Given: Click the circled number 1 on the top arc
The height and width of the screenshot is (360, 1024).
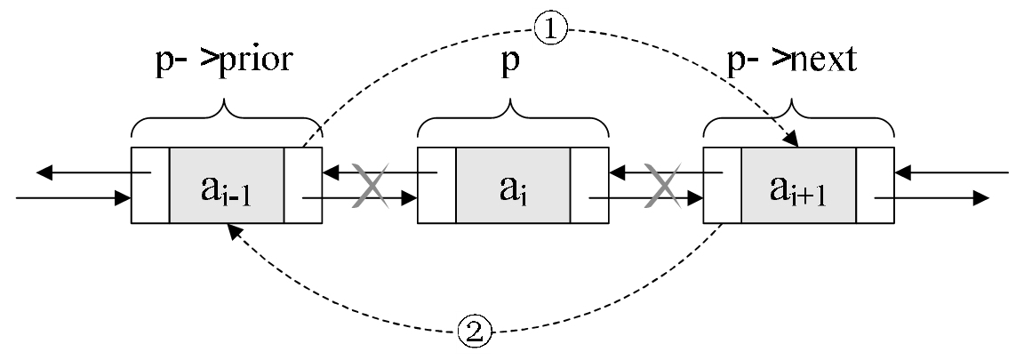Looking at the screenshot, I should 551,29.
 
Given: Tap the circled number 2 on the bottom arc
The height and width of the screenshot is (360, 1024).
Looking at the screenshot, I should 475,332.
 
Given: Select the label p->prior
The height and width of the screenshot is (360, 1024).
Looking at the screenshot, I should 223,60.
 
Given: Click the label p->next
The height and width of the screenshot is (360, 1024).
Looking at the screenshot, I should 791,60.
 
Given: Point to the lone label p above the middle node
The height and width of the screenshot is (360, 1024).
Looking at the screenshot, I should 510,62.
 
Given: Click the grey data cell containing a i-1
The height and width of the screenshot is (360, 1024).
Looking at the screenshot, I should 226,185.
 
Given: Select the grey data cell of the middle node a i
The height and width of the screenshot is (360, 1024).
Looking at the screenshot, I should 513,185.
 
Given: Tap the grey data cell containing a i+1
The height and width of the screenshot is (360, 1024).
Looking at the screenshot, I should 798,185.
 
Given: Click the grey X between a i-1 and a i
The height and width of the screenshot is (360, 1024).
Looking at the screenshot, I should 371,186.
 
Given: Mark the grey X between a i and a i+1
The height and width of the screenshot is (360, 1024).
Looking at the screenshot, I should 662,186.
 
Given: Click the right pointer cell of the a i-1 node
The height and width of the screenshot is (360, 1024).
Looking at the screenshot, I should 302,185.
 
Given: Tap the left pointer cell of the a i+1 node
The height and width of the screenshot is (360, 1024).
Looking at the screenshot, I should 722,185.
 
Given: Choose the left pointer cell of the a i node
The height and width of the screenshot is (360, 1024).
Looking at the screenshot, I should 436,185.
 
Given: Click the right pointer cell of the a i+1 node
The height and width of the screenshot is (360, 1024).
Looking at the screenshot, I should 875,185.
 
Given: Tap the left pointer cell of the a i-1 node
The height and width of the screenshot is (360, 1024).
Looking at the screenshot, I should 150,185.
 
